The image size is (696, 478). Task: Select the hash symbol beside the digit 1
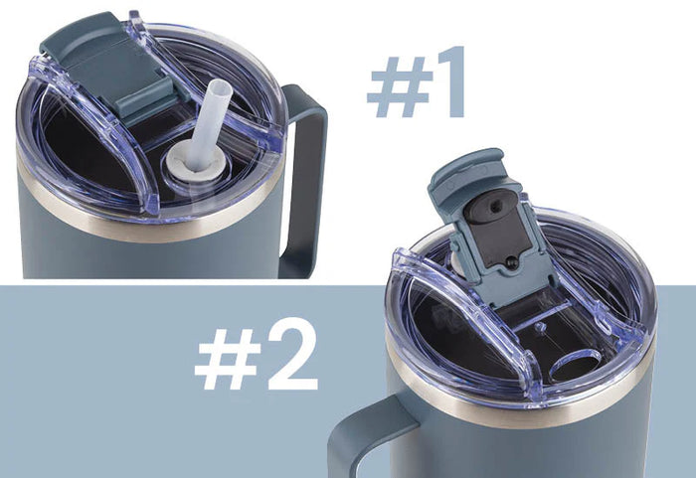click(400, 87)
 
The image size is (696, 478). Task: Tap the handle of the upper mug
click(306, 178)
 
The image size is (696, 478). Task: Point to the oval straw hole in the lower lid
click(576, 365)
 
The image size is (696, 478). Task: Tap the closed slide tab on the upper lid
click(111, 67)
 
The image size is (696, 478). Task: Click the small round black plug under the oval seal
click(511, 262)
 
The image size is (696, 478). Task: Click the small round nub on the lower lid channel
click(540, 327)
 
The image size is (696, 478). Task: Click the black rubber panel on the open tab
click(498, 237)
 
